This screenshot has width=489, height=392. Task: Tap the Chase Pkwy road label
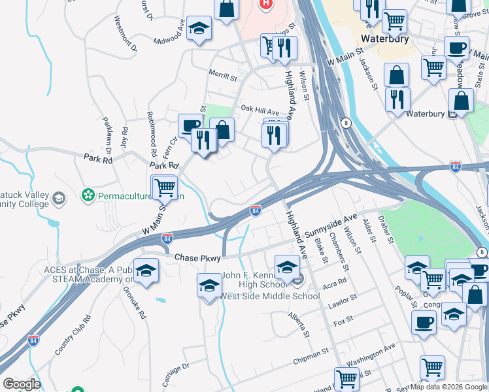click(x=197, y=259)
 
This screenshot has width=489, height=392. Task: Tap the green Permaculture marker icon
click(x=87, y=195)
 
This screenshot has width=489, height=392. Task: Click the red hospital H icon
click(x=265, y=4)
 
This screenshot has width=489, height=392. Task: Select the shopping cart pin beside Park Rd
click(x=165, y=188)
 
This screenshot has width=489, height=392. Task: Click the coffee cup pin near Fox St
click(x=424, y=321)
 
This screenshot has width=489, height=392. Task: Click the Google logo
click(x=22, y=384)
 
